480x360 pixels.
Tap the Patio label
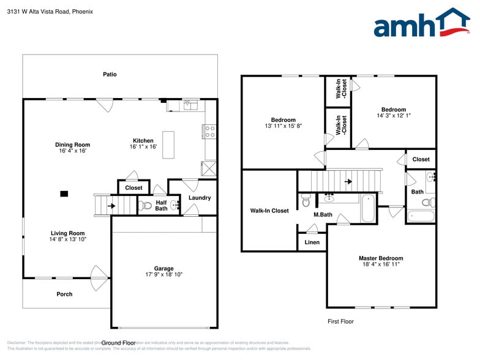110,75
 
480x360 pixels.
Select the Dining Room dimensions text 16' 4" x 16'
72,151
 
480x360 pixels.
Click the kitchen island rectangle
168,145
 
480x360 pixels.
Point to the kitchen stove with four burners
209,131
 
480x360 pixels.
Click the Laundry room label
200,198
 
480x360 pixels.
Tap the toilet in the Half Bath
145,205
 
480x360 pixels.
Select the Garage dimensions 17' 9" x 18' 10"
163,275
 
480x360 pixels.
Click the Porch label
64,294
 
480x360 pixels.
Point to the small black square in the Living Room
64,194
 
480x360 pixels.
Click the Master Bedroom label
381,258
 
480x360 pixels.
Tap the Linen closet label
312,242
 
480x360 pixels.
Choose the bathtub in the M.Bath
368,209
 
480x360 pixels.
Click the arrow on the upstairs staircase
348,181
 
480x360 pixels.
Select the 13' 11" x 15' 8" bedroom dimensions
283,126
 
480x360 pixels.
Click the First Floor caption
340,321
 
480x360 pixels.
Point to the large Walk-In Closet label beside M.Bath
269,211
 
